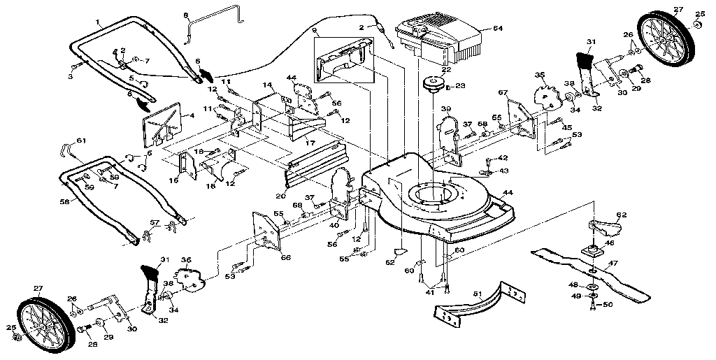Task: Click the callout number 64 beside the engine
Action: pos(498,29)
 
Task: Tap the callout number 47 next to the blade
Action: pos(613,264)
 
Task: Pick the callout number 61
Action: pos(82,141)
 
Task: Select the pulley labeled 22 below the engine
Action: pos(432,85)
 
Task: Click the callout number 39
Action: pos(445,110)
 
